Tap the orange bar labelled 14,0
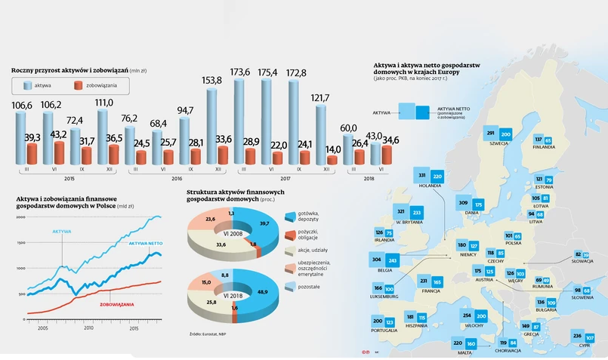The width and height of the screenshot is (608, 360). (x=332, y=160)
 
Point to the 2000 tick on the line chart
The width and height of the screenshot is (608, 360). (x=20, y=217)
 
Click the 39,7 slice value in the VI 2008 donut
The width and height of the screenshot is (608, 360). (x=264, y=224)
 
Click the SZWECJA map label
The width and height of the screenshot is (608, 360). (x=498, y=143)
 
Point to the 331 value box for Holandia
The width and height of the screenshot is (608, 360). (x=422, y=176)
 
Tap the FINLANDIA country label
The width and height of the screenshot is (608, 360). (x=544, y=147)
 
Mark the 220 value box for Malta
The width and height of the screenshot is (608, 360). (x=459, y=343)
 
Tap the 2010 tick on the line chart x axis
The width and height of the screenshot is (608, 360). (x=88, y=328)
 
